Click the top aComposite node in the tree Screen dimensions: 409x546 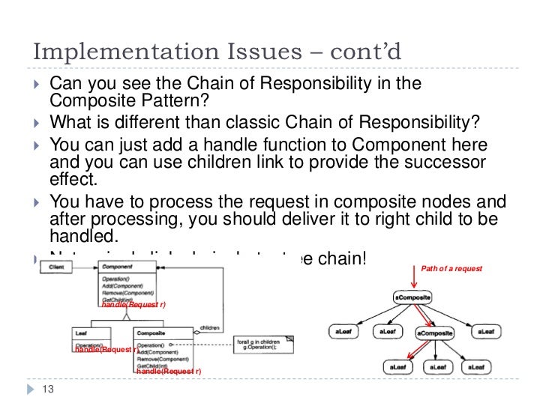tap(412, 297)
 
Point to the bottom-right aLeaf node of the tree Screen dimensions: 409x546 tap(475, 367)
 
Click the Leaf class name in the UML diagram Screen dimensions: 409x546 tap(82, 331)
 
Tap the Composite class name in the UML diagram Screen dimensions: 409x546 tap(150, 331)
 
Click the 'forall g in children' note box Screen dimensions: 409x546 tap(262, 342)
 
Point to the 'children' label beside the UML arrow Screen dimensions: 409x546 tap(211, 327)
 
